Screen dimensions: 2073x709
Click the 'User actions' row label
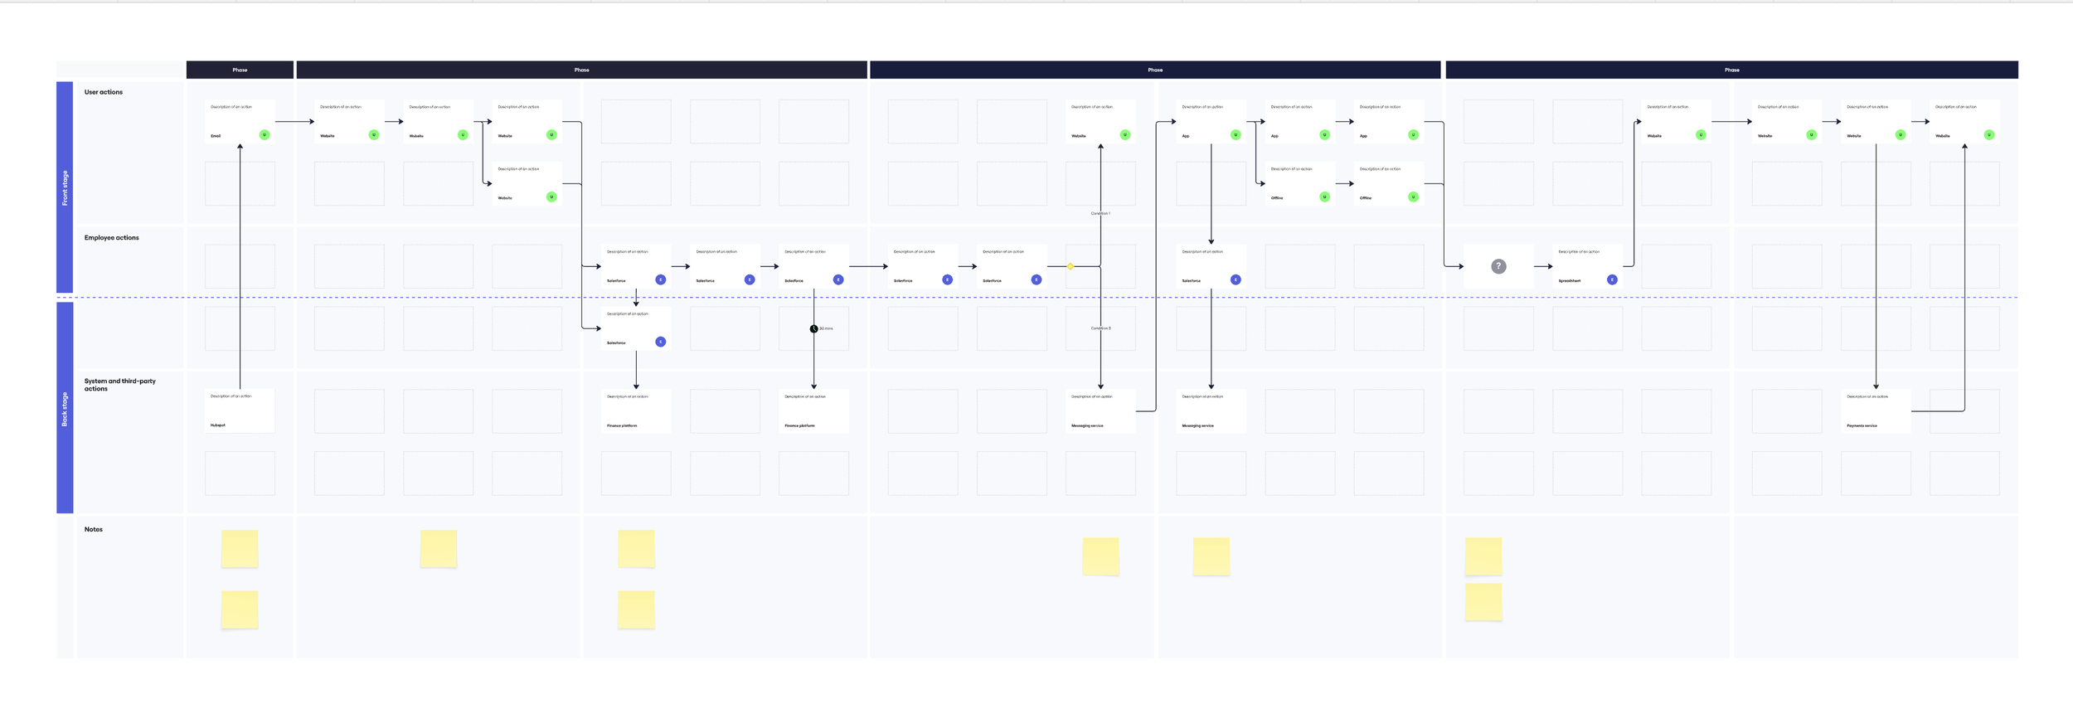[103, 92]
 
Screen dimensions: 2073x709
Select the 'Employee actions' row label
[111, 238]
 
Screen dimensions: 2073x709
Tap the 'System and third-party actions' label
[119, 385]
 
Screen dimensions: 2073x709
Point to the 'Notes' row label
[93, 529]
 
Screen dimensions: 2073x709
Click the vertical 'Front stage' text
[65, 188]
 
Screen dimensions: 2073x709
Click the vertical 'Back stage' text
[65, 410]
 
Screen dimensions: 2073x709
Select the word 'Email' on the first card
[216, 136]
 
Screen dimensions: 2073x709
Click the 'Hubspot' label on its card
[217, 425]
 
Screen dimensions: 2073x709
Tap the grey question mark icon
[1498, 266]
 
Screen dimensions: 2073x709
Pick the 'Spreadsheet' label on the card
[1569, 281]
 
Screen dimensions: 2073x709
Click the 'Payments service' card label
[1862, 425]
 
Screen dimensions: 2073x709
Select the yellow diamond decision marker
[1070, 266]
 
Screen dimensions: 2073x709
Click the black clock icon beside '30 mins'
[813, 329]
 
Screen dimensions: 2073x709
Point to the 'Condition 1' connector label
[1100, 214]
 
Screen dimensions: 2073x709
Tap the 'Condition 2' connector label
[1100, 328]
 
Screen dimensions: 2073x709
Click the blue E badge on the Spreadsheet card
[1612, 280]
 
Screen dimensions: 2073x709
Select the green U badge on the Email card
[265, 135]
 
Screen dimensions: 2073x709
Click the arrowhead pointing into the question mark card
[1460, 266]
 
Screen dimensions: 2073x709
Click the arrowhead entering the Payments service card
[1876, 386]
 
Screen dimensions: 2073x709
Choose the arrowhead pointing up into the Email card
[240, 147]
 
